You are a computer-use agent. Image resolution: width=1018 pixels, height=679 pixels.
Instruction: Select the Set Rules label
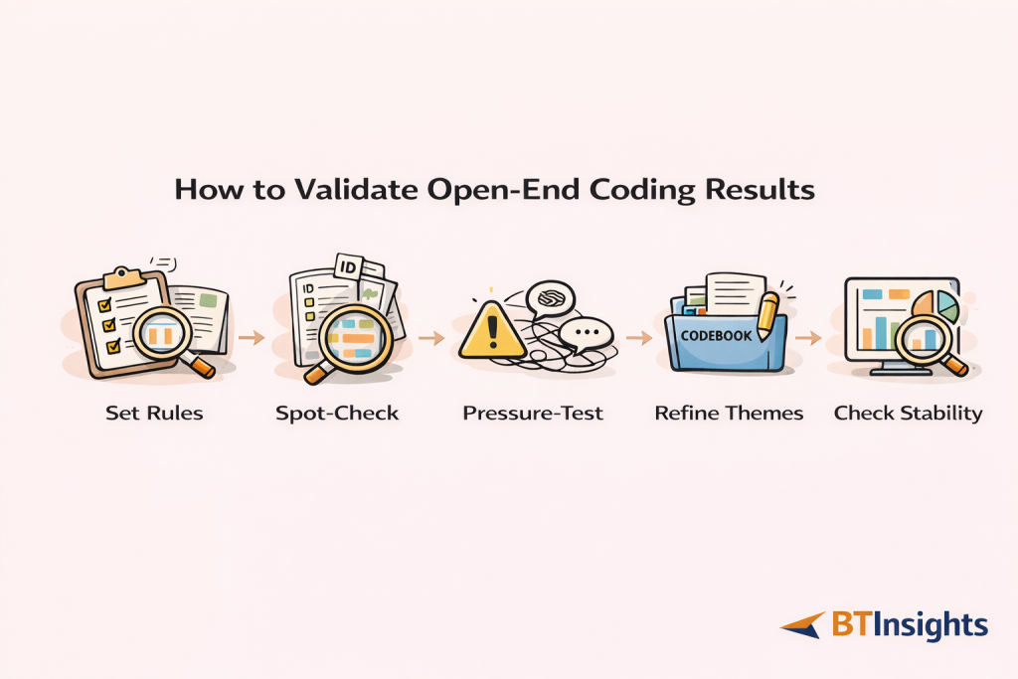[154, 413]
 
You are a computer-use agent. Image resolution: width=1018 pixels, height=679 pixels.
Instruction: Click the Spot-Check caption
[337, 413]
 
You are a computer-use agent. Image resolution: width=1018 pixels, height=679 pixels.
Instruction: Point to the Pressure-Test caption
[533, 413]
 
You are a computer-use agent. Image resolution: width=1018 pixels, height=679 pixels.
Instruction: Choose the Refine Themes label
[729, 413]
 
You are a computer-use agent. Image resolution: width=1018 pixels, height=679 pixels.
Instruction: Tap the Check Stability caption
[908, 413]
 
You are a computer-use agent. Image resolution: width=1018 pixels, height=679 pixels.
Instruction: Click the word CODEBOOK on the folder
[717, 336]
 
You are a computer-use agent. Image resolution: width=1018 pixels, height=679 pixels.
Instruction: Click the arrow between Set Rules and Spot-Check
[253, 338]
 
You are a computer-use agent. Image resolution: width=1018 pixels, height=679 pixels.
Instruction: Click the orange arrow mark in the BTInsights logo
[803, 625]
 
